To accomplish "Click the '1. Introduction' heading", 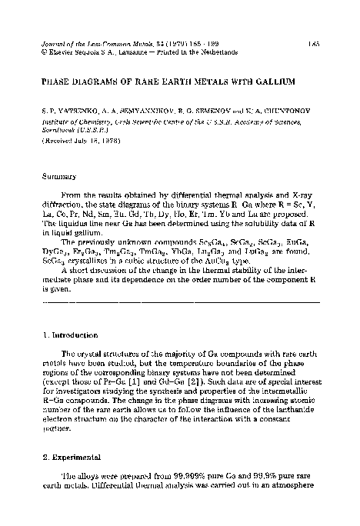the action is [x=68, y=335].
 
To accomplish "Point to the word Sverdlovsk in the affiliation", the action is [x=58, y=131].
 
